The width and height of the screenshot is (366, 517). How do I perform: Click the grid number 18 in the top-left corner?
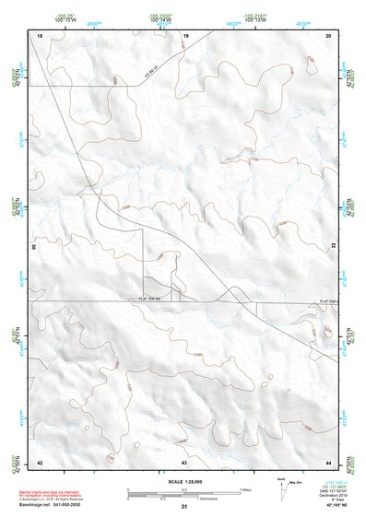point(40,34)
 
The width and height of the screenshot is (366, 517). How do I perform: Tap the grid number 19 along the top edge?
point(185,34)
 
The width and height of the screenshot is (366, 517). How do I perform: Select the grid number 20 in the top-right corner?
point(328,34)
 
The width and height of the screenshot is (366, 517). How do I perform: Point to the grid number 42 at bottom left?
point(40,461)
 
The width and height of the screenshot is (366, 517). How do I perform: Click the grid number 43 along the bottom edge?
point(184,461)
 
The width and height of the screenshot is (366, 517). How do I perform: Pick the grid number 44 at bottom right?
point(328,461)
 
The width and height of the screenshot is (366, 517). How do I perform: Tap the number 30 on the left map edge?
point(35,247)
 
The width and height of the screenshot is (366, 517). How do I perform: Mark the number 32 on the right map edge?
point(334,247)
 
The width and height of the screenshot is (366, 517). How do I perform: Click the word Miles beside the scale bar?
point(245,488)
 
